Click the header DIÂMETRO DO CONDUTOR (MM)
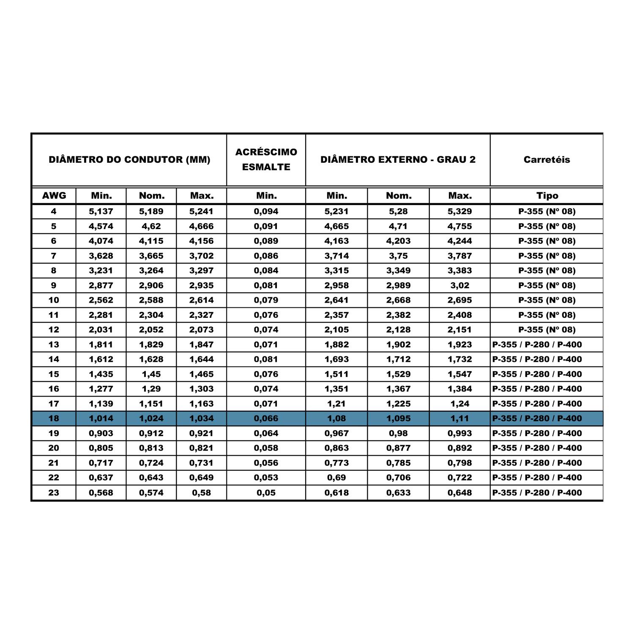pos(129,160)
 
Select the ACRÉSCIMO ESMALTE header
pos(266,159)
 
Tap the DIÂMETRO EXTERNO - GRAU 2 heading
pos(398,160)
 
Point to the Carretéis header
pos(547,160)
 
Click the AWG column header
pos(54,196)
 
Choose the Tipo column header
pos(547,196)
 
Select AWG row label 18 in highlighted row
pos(54,418)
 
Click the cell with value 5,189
pos(151,211)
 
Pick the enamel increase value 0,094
pos(266,211)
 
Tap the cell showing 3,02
pos(459,285)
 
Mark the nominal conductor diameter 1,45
pos(151,374)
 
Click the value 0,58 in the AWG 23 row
pos(201,492)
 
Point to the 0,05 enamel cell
pos(266,492)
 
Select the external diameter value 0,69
pos(336,478)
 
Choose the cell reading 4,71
pos(398,226)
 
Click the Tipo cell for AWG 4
pos(547,211)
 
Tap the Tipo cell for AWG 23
pos(537,492)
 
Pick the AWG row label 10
pos(54,300)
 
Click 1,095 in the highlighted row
pos(398,418)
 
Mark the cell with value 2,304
pos(151,315)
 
